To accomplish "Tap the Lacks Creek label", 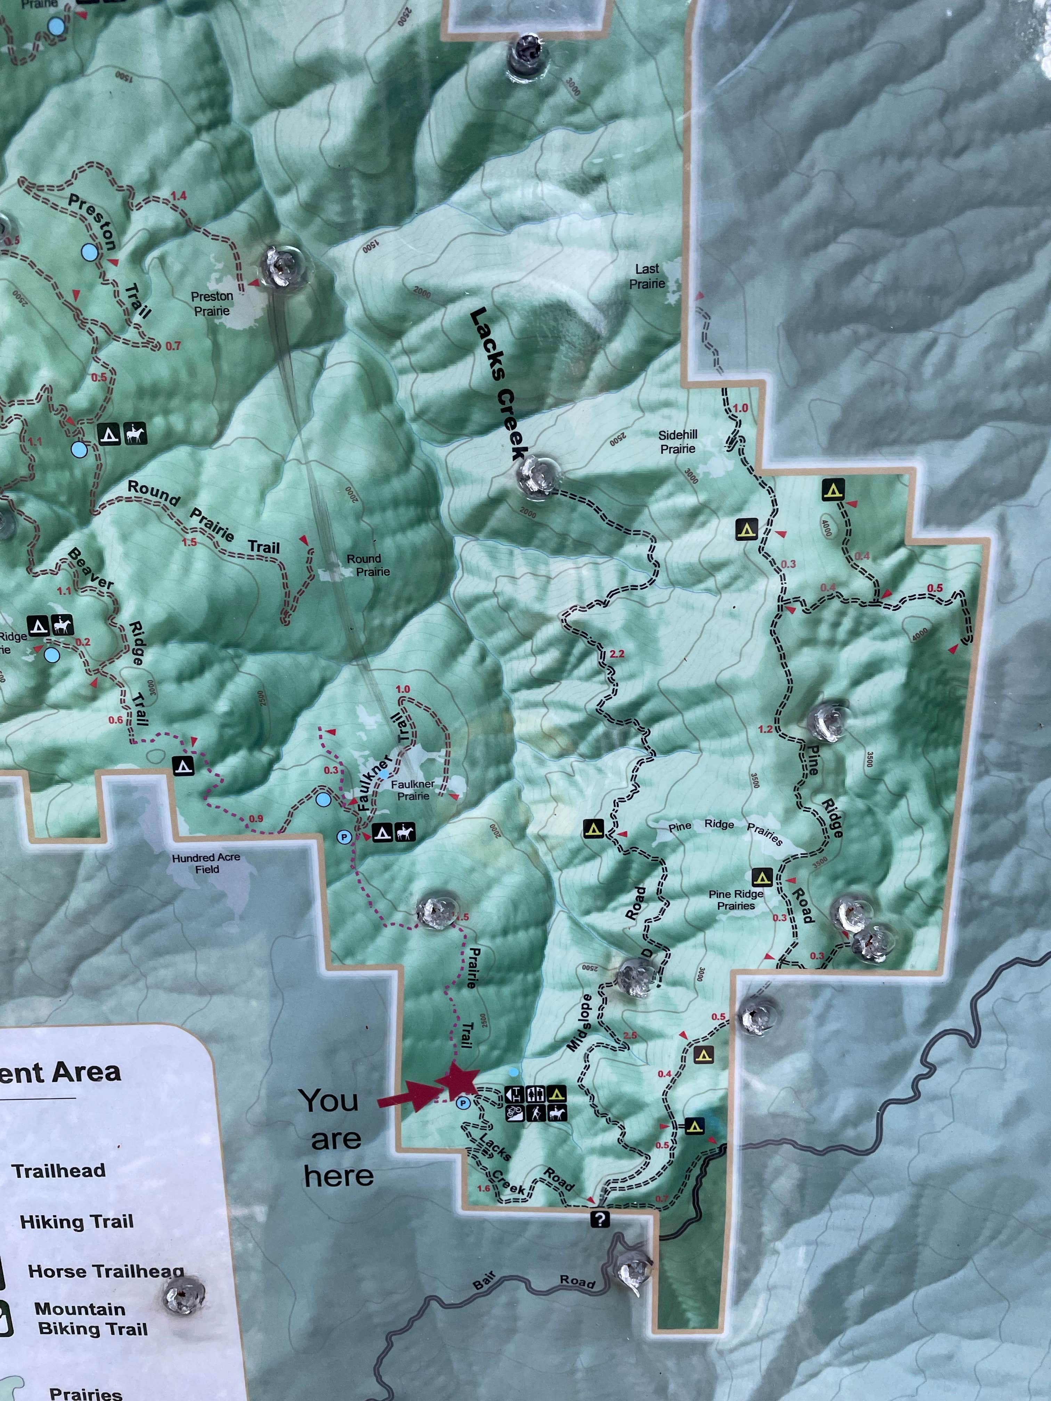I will tap(499, 384).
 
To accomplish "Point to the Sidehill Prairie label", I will tap(677, 441).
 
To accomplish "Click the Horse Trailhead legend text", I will tap(106, 1271).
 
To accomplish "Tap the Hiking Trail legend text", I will tap(77, 1222).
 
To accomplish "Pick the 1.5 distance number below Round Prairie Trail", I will tap(189, 542).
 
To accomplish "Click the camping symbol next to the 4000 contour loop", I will tap(833, 490).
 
